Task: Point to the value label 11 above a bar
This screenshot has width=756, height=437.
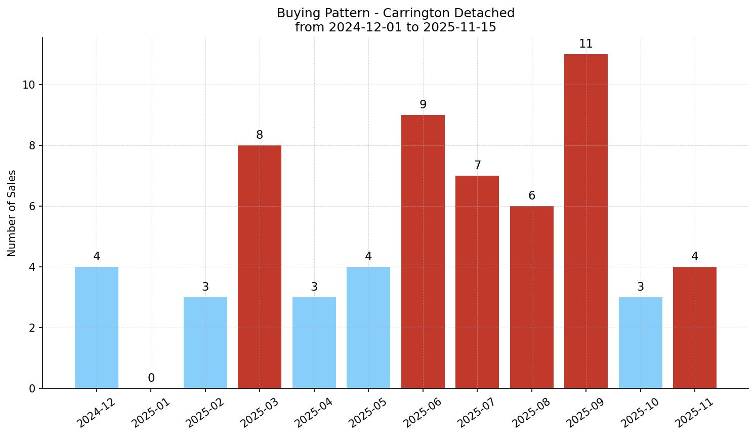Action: pyautogui.click(x=585, y=44)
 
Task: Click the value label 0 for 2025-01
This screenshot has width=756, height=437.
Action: pyautogui.click(x=151, y=378)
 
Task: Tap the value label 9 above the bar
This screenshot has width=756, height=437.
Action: pyautogui.click(x=423, y=105)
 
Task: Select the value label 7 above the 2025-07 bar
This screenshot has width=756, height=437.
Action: pyautogui.click(x=477, y=166)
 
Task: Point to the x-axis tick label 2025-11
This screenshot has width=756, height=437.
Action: pyautogui.click(x=693, y=413)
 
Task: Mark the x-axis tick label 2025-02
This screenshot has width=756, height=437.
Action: pyautogui.click(x=204, y=413)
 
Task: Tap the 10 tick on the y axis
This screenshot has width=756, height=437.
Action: pyautogui.click(x=28, y=85)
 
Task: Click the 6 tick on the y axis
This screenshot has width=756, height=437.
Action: pyautogui.click(x=32, y=207)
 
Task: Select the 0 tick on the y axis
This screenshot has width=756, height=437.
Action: pyautogui.click(x=32, y=389)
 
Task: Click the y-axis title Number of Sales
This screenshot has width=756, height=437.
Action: pyautogui.click(x=12, y=213)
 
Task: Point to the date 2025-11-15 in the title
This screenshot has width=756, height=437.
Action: pyautogui.click(x=459, y=27)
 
